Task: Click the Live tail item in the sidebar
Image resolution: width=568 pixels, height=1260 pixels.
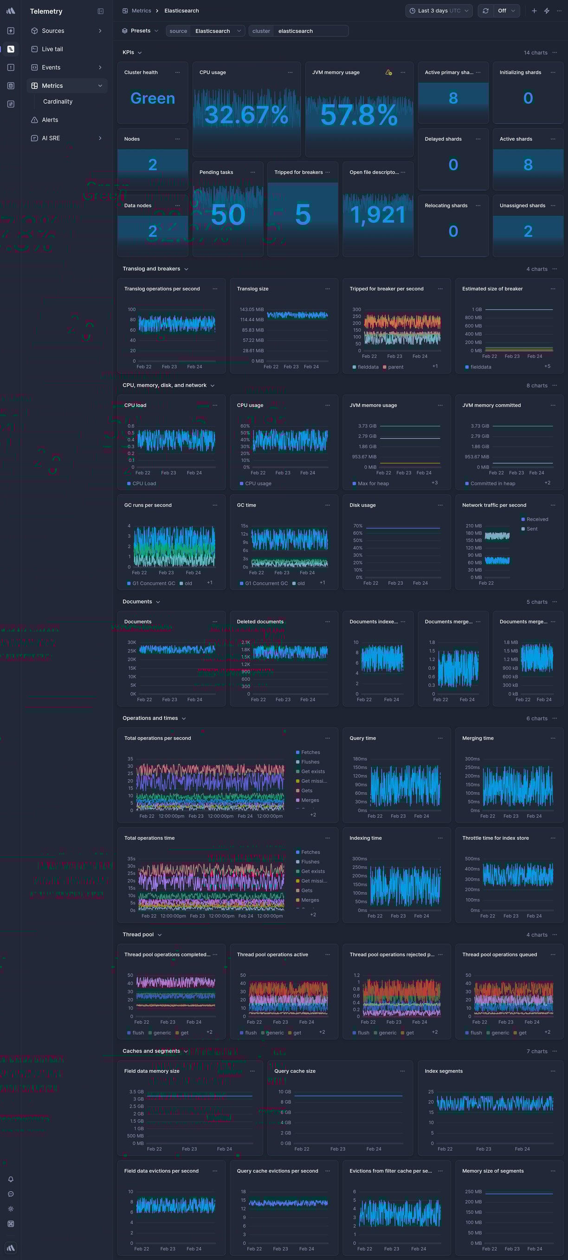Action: [52, 49]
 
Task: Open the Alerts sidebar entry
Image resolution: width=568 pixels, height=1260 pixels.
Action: [50, 120]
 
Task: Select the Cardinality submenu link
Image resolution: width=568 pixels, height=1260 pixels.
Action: [58, 102]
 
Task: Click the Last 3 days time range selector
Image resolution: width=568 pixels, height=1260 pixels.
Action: [439, 11]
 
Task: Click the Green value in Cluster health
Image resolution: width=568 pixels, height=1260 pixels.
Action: [153, 98]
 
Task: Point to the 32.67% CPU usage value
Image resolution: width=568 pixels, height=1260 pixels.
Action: [246, 114]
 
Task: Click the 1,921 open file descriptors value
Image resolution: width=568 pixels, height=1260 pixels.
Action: [378, 215]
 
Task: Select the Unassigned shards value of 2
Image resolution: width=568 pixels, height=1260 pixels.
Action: [528, 231]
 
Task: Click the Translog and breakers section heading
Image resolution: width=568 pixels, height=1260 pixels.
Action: [152, 268]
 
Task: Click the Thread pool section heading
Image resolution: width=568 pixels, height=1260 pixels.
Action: [138, 934]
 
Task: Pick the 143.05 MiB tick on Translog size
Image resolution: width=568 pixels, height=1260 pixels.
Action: [251, 310]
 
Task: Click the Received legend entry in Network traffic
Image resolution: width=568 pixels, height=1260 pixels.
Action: [537, 519]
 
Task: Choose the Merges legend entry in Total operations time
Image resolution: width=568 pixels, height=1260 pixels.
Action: [310, 900]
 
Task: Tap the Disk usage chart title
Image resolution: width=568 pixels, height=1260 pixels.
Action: [363, 505]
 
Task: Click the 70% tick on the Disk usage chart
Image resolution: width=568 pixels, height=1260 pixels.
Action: [357, 526]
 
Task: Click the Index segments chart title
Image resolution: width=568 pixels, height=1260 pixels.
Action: [443, 1071]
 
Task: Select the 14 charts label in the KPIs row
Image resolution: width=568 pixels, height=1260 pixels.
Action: [535, 53]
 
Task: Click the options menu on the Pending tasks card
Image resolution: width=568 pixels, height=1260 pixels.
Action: [253, 172]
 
